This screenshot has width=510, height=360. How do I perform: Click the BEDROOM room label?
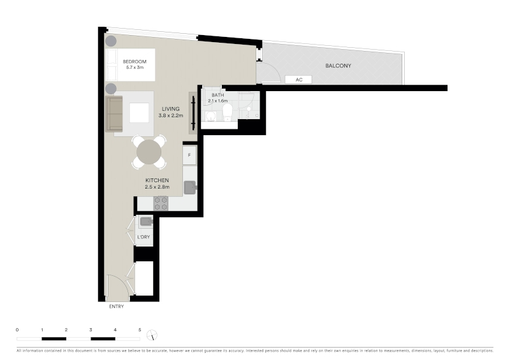pos(135,61)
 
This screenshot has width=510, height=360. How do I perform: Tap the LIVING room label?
pos(171,109)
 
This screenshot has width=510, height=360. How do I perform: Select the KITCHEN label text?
pos(157,180)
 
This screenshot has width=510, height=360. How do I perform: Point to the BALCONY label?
pos(339,66)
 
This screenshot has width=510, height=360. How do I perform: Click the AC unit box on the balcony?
pos(298,80)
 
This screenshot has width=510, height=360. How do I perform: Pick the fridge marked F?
pos(189,155)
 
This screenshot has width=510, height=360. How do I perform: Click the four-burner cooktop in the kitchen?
pos(161,203)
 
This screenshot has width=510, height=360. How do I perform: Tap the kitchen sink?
pos(190,187)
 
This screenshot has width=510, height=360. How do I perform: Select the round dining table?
pos(149,152)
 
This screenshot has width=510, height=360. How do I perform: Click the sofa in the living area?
pos(114,114)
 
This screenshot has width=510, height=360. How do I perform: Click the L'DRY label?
pos(143,237)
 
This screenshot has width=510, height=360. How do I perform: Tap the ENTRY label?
pos(117,306)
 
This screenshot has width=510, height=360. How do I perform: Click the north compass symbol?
pos(152,335)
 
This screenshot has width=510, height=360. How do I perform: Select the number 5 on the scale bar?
pos(140,330)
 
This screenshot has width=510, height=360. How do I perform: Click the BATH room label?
pos(218,95)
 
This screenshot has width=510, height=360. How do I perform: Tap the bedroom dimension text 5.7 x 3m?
pos(135,68)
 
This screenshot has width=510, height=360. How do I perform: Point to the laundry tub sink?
pos(146,222)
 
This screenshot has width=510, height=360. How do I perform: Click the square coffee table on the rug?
pos(139,113)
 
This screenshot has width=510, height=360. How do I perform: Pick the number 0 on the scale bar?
pos(17,330)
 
